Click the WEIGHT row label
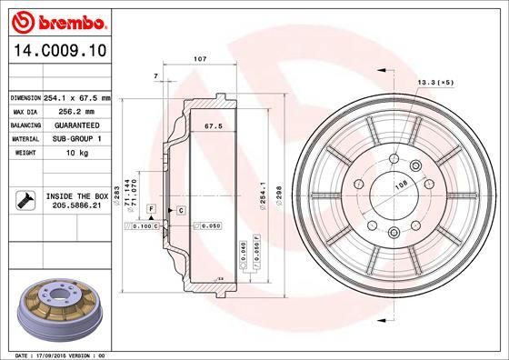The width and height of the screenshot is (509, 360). click(22, 153)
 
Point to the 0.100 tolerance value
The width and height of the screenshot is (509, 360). click(140, 225)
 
